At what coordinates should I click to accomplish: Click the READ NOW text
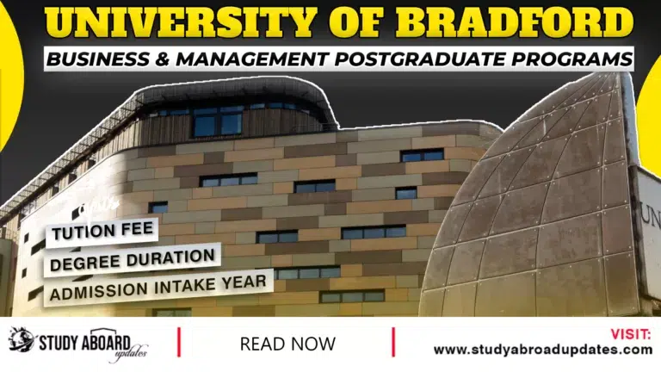pyautogui.click(x=287, y=344)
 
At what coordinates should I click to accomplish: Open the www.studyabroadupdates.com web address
pyautogui.click(x=542, y=350)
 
